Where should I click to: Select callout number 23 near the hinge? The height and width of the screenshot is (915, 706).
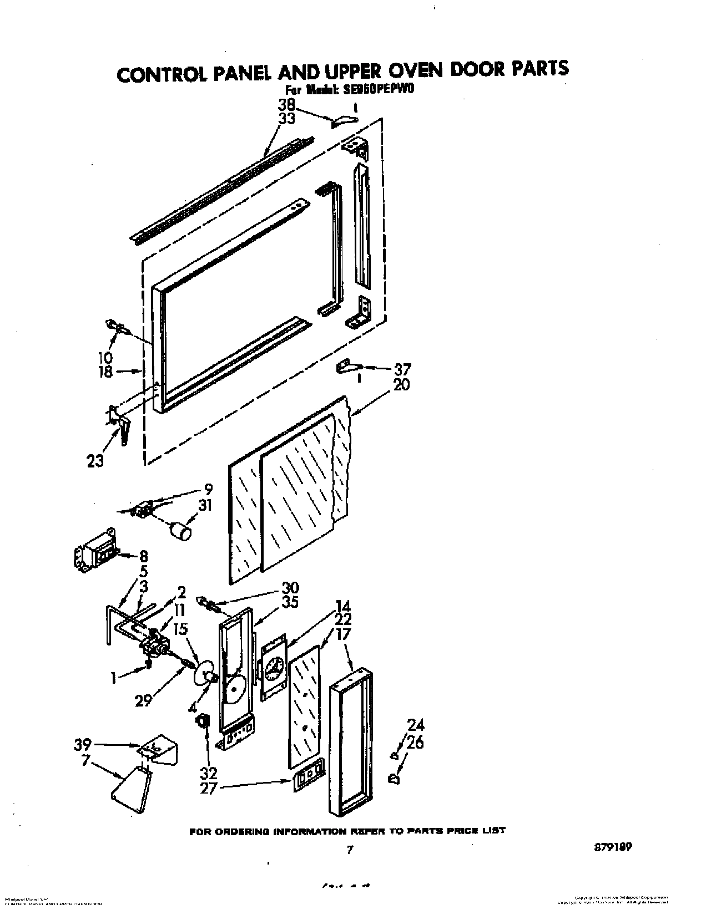(x=95, y=461)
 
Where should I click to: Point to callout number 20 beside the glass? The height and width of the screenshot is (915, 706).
(x=401, y=384)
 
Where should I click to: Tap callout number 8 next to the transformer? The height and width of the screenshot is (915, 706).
(x=143, y=556)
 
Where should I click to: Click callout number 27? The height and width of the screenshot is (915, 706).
(x=208, y=787)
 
